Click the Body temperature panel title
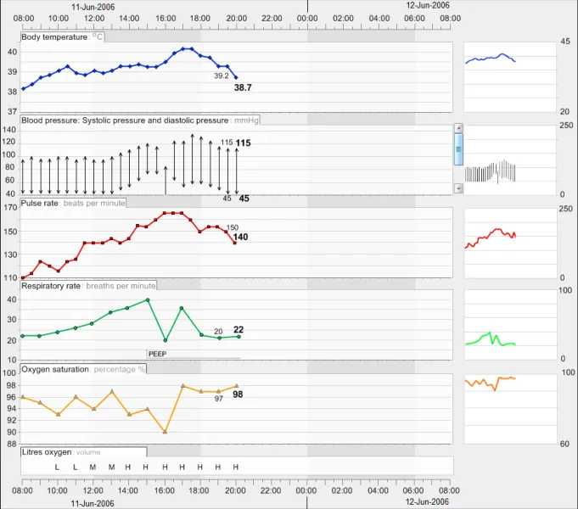click(54, 37)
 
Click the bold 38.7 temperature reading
click(243, 87)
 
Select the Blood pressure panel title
click(124, 120)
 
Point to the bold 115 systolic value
click(244, 143)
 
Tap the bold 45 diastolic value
click(244, 199)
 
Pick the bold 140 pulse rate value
click(241, 238)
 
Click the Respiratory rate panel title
click(52, 286)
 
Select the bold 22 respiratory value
click(238, 329)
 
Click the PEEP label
click(158, 353)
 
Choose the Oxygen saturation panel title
click(55, 369)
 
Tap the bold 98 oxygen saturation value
click(238, 394)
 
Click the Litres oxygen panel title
click(47, 452)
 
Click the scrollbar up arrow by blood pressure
click(459, 128)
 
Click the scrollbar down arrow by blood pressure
click(459, 188)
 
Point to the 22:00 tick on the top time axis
click(272, 18)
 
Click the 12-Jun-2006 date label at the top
click(428, 5)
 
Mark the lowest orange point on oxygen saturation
click(165, 432)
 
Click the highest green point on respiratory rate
click(148, 299)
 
